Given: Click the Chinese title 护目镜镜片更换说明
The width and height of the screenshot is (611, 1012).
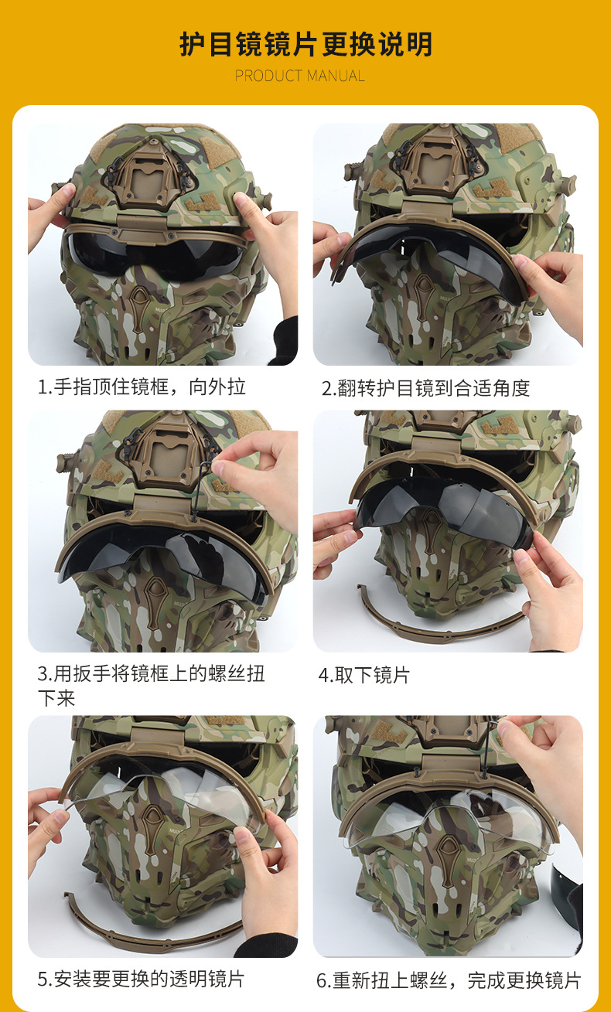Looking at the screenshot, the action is [305, 44].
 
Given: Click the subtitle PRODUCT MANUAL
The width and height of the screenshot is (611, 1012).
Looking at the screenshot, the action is [299, 76].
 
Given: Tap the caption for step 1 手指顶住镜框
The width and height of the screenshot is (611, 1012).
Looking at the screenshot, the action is [142, 387].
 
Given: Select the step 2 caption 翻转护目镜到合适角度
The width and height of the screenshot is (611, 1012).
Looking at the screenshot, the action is [425, 388].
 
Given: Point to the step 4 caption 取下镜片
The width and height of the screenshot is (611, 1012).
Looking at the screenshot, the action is [364, 676].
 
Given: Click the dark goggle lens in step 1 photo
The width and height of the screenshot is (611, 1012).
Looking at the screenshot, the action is [156, 255].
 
